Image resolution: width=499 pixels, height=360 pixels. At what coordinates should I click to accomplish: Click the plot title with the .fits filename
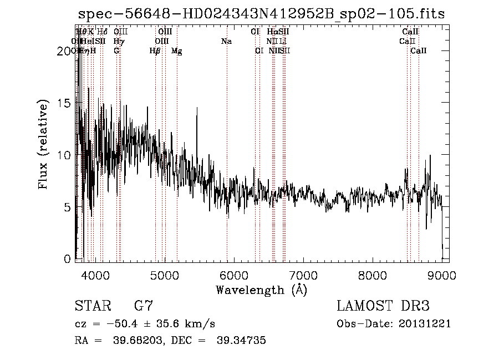(x=261, y=14)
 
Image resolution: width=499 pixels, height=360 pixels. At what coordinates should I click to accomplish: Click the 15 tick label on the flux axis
(x=65, y=103)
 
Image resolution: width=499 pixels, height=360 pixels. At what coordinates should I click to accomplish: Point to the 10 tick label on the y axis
(x=65, y=155)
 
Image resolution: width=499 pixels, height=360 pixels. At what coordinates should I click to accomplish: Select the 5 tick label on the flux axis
(x=68, y=207)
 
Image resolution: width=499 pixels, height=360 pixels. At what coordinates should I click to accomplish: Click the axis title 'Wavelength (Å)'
(x=261, y=290)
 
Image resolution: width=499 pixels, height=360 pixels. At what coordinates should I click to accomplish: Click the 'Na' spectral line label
(x=226, y=41)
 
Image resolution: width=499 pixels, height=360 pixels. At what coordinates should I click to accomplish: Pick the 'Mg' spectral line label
(x=176, y=51)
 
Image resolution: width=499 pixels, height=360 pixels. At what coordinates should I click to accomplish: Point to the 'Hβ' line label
(x=155, y=51)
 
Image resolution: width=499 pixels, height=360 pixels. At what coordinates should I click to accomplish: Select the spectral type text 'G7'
(x=143, y=306)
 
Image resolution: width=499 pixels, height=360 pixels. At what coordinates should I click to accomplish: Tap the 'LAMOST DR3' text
(x=383, y=306)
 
